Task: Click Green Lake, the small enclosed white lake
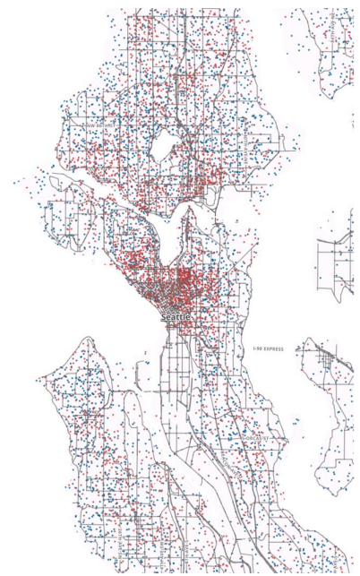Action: (x=164, y=142)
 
